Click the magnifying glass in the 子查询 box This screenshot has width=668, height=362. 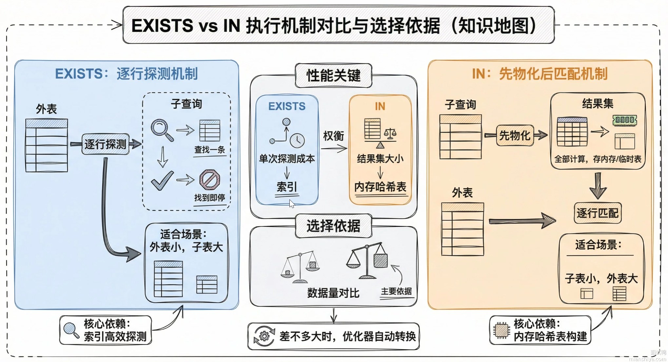click(162, 130)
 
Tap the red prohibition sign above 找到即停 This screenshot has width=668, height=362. click(210, 180)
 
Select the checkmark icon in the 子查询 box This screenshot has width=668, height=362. click(162, 180)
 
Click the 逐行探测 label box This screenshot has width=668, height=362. click(105, 144)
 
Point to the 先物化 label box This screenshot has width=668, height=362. click(515, 135)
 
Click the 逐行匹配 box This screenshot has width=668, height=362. click(598, 213)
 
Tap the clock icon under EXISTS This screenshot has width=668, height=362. click(297, 140)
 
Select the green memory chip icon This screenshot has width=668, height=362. click(624, 120)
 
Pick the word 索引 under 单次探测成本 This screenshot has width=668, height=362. click(287, 187)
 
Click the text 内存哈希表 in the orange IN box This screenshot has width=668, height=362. click(380, 187)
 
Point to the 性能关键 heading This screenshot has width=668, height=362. click(333, 75)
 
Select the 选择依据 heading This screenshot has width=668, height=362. click(333, 226)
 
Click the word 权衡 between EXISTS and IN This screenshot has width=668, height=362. click(333, 135)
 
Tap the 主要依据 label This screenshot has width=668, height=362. click(396, 291)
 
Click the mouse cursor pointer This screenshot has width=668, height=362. click(292, 204)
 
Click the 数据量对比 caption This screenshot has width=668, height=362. click(333, 293)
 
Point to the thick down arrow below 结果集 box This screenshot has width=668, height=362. click(598, 186)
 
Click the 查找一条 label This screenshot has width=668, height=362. click(209, 150)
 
